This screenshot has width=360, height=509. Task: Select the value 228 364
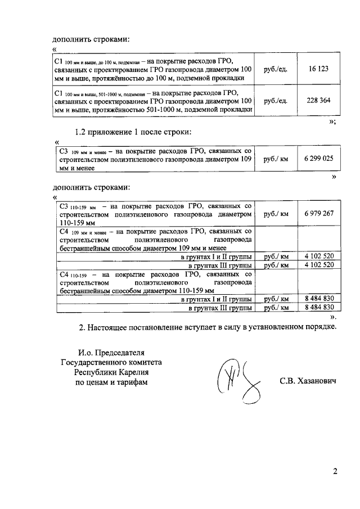click(x=318, y=101)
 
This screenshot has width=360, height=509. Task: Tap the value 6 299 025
click(x=318, y=159)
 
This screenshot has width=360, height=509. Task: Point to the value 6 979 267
click(x=318, y=214)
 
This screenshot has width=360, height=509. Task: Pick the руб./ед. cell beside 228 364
click(x=276, y=101)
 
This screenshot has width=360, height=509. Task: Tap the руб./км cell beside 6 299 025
click(x=276, y=159)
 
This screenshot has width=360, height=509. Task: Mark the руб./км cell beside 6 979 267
click(x=276, y=214)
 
